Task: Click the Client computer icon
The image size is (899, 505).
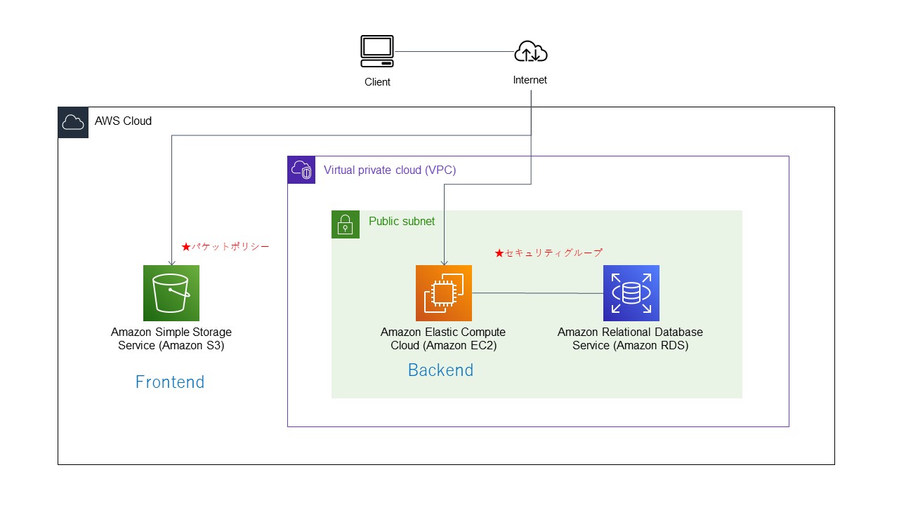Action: tap(377, 51)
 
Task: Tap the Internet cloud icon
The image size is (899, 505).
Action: tap(530, 52)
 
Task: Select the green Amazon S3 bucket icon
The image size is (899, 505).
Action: tap(171, 293)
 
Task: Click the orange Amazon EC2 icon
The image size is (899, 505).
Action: tap(444, 293)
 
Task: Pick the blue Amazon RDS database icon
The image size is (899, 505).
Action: tap(631, 293)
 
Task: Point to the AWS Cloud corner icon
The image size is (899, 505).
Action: tap(73, 123)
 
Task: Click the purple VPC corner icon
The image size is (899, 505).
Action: tap(302, 170)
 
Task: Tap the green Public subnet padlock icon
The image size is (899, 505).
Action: tap(346, 224)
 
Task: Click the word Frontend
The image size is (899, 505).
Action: tap(170, 382)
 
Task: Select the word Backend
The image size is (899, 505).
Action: tap(440, 370)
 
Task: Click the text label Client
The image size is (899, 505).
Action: tap(377, 82)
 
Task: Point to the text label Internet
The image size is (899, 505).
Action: tap(530, 80)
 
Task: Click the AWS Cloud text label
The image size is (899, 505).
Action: tap(123, 121)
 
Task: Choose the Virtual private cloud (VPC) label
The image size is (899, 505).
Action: tap(390, 170)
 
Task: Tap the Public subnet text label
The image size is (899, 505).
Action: tap(402, 222)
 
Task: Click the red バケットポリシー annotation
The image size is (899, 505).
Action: tap(225, 247)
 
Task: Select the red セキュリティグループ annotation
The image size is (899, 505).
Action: tap(549, 252)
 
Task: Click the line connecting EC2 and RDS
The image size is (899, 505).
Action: tap(537, 293)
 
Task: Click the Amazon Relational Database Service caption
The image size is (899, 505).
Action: tap(630, 338)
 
